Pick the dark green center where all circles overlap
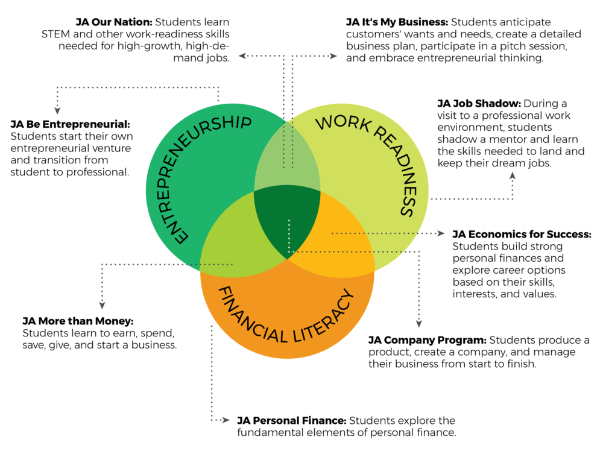coord(287,220)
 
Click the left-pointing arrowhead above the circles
coord(242,56)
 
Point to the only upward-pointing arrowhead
coord(512,175)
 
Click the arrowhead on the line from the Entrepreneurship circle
coord(57,110)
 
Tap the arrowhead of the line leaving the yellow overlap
coord(441,233)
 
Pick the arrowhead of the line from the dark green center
coord(418,323)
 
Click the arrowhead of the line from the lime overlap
coord(103,305)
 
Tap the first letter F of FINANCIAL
coord(221,293)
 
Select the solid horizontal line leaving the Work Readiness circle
coord(470,198)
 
